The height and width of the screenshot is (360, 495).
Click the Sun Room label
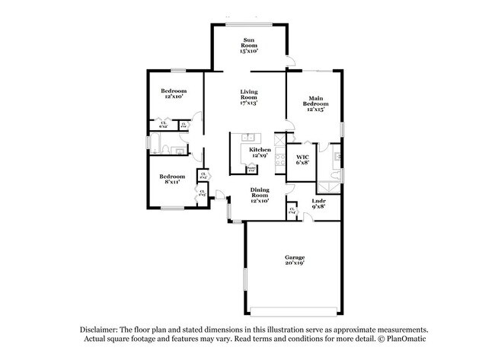(249, 45)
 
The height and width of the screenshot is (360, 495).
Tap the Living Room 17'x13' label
(249, 97)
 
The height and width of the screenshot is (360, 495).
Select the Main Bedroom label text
(315, 103)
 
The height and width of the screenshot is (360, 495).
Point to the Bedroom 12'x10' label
(173, 93)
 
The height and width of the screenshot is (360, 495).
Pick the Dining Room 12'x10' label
(260, 196)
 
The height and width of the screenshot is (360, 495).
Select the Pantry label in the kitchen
(261, 169)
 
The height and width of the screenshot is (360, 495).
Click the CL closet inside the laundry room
(292, 210)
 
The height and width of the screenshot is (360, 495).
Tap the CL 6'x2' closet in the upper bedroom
(163, 124)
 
